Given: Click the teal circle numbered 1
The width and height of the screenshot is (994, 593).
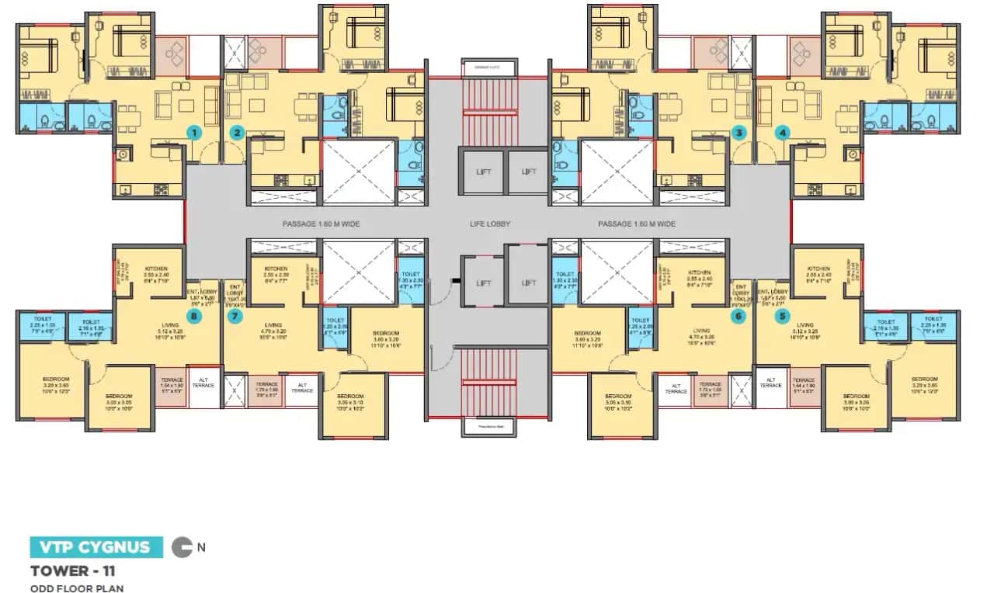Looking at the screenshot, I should pos(195,133).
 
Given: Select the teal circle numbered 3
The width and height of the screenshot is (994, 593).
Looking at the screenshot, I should pos(739,133).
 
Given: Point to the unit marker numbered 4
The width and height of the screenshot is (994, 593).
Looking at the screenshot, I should pos(782,133).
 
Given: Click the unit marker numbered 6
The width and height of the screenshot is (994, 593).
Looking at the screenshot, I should pos(739,316).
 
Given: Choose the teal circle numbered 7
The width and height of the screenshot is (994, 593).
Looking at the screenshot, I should pos(235,316).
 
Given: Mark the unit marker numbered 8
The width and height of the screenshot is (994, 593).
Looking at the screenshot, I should pos(195,316).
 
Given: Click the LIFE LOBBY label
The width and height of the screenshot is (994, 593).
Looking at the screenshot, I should pos(488,224).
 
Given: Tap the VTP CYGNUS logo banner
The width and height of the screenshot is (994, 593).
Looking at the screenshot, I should pos(96,546).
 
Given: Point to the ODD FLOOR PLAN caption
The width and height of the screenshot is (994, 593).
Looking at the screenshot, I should pos(77,588).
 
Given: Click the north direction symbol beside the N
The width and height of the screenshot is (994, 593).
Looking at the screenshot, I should pos(182,546).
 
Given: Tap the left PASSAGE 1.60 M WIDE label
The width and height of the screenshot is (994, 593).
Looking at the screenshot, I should pos(321,224).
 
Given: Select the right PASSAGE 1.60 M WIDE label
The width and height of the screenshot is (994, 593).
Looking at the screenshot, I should pos(636,224).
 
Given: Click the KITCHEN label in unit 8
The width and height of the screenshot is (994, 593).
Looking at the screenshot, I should pos(156,269).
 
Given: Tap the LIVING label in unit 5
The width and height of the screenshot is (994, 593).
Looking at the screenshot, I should pos(805,325).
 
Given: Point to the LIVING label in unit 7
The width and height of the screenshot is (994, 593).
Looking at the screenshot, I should pos(273,325).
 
